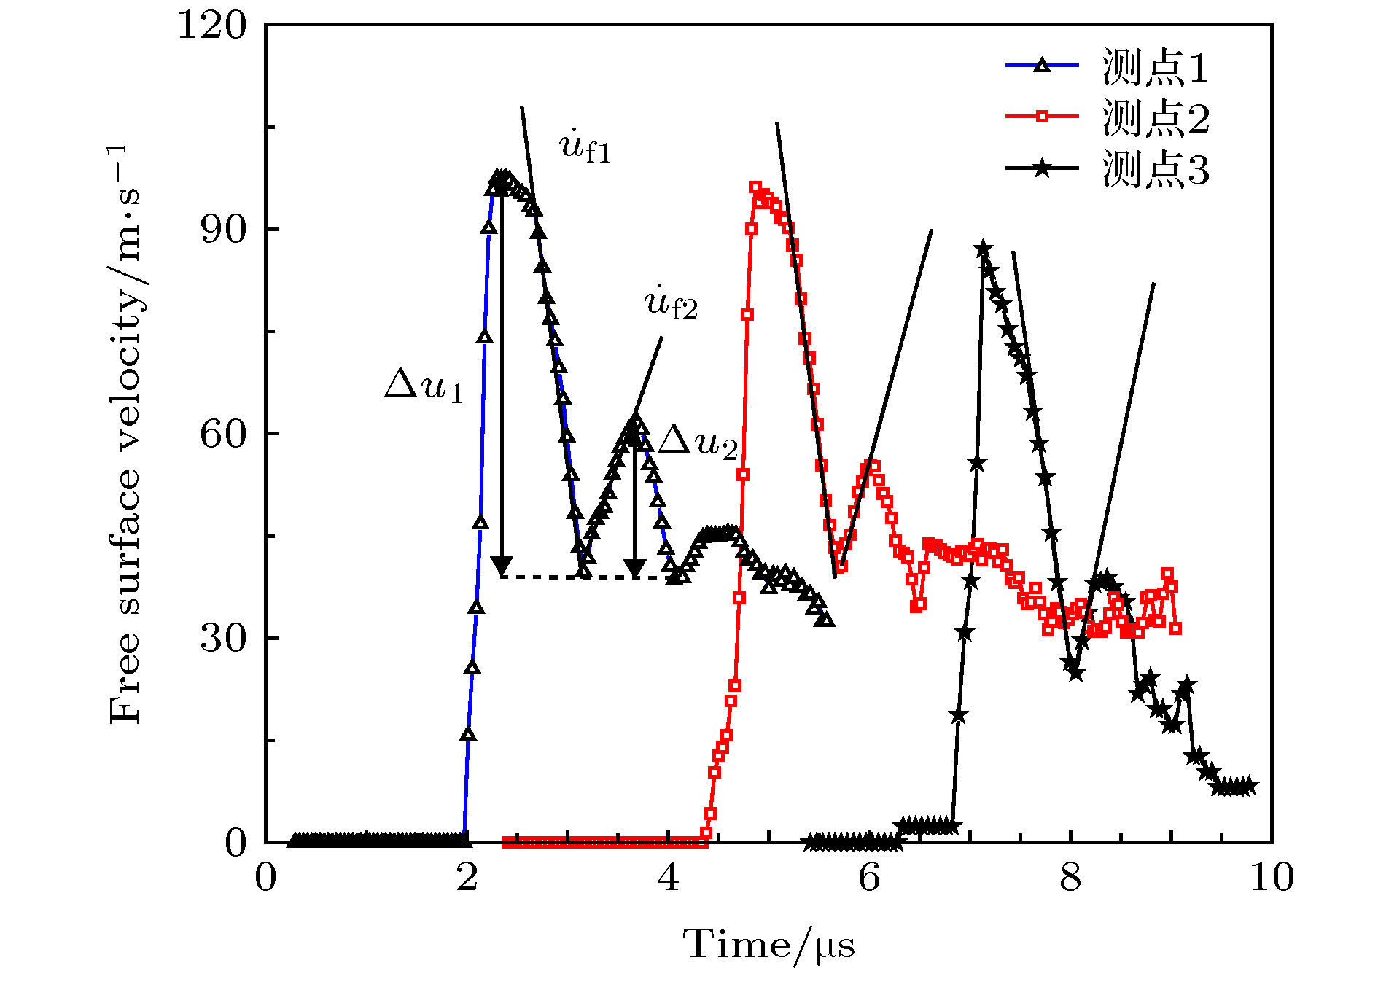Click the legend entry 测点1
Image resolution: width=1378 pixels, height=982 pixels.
1155,67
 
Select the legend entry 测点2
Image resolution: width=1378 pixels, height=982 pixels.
1155,118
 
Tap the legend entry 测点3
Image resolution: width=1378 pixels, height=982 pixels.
1155,169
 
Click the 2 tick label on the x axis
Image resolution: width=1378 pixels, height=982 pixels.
467,878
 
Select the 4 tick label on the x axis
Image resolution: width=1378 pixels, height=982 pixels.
669,878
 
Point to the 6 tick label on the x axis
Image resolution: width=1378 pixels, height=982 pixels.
870,878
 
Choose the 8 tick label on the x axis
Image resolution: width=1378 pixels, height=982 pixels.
1071,878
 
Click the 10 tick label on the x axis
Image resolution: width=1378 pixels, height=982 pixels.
1272,878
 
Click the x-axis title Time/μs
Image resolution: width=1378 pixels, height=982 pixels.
768,946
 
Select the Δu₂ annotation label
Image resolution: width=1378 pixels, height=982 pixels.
698,442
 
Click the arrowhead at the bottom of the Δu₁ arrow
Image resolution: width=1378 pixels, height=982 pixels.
502,566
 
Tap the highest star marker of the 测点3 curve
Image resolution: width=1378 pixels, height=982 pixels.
983,249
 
